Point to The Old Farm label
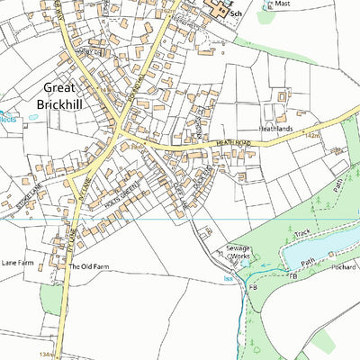point(88,266)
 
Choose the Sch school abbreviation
point(237,15)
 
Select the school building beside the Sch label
point(219,11)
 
